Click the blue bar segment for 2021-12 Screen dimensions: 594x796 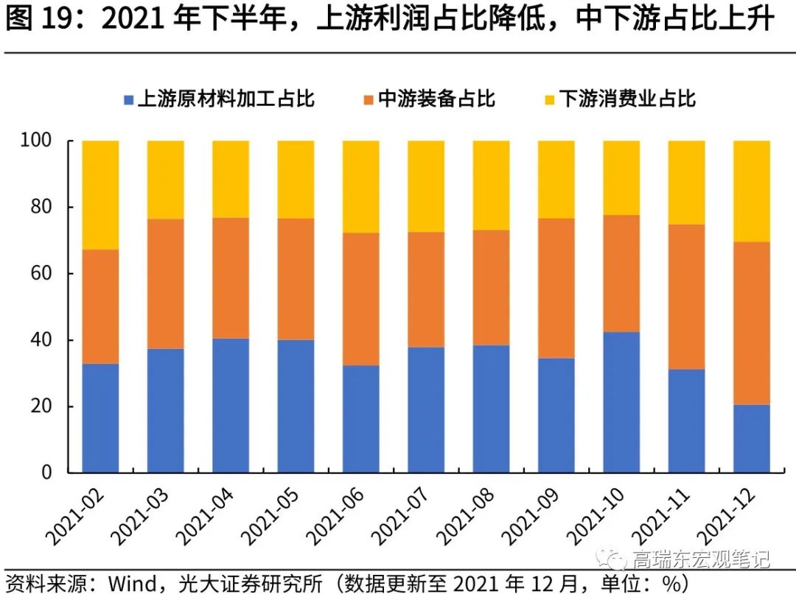tap(751, 438)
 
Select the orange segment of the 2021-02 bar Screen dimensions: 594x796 tap(100, 306)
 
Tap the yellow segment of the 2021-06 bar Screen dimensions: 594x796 tap(361, 186)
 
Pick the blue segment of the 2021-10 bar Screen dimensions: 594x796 tap(621, 402)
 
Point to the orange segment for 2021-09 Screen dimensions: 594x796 tap(556, 288)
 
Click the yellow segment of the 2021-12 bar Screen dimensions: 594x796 tap(751, 191)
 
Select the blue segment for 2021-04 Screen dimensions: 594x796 tap(231, 405)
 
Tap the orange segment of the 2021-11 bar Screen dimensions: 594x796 tap(686, 297)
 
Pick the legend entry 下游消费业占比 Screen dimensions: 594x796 tap(626, 99)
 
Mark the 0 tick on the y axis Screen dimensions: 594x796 tap(51, 473)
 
